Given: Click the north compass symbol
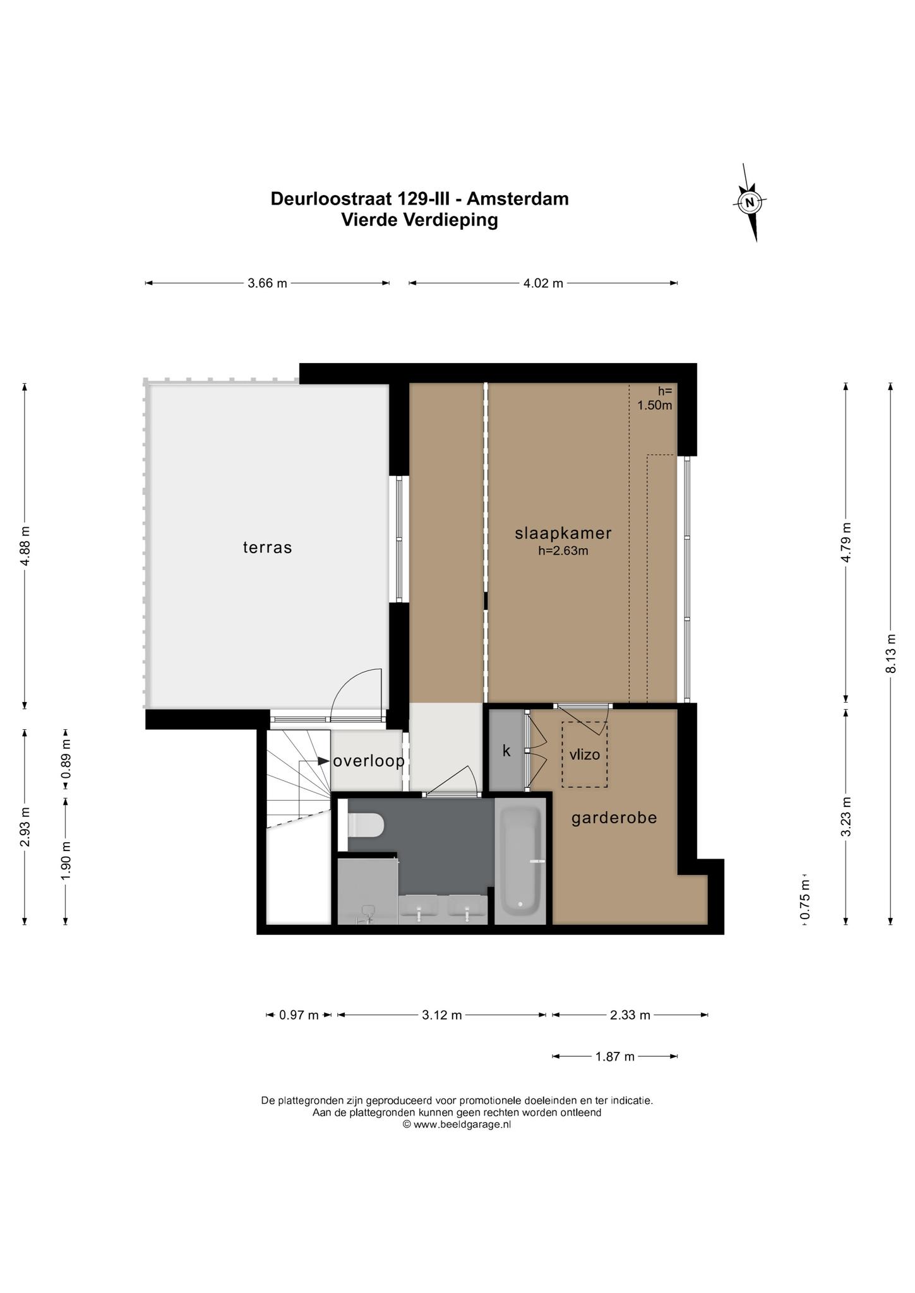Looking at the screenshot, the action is tap(750, 203).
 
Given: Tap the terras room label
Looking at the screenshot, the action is tap(268, 547).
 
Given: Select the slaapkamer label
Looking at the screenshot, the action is tap(563, 533).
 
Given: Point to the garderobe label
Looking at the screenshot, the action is tap(614, 818).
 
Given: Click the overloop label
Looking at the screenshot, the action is tap(369, 761).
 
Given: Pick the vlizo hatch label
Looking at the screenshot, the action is tap(584, 754).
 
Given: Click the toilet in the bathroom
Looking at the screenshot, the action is tap(366, 825).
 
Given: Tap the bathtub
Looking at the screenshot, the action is tap(520, 861).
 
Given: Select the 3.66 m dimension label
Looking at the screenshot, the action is tap(268, 283).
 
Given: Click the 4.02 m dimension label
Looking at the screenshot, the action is tap(543, 283).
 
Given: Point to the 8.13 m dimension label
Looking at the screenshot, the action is tap(891, 653).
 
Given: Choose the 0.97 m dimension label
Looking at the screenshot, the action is tap(299, 1015).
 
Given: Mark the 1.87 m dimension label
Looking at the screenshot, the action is tap(615, 1056).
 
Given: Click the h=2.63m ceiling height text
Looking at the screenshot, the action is tap(563, 551).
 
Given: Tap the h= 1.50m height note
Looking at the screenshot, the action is tap(655, 398).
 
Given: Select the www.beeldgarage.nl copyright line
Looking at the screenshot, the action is tap(457, 1124).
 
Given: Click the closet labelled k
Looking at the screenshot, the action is tap(507, 751).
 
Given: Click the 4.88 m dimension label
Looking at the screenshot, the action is tap(25, 546).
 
